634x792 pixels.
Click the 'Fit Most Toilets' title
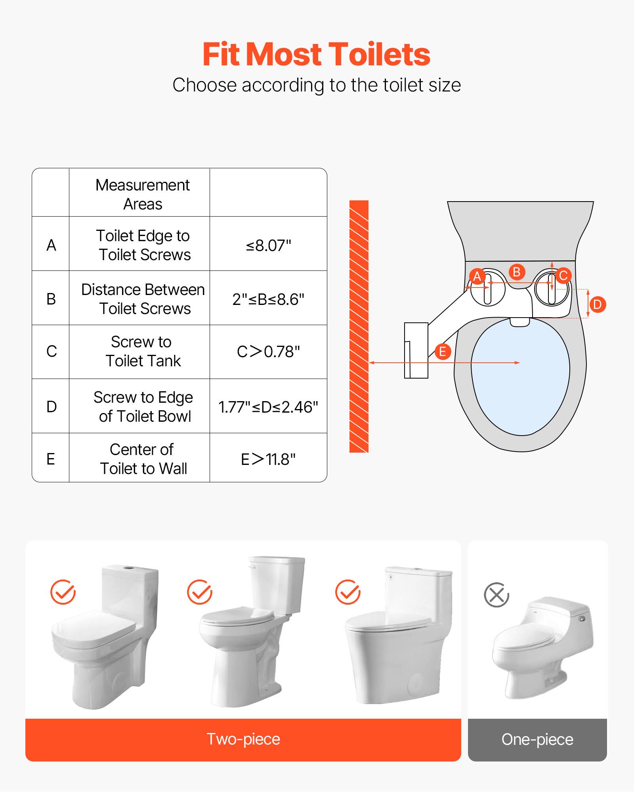pos(316,54)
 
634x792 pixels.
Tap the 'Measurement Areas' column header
pos(142,194)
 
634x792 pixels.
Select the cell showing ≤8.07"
pos(268,246)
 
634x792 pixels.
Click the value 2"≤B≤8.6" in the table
pos(268,299)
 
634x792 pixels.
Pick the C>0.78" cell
pos(268,352)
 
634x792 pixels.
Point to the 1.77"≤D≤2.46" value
pos(268,407)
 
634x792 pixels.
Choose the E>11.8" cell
pos(268,459)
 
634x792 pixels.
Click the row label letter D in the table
pos(52,407)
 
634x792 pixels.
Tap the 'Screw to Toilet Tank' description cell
pos(142,351)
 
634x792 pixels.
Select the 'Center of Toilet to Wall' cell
pos(143,459)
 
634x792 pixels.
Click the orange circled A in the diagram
pos(477,276)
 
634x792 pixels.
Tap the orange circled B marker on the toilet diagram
pos(517,272)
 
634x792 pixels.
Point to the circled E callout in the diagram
pos(443,351)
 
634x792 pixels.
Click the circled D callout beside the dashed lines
pos(598,305)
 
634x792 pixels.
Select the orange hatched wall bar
pos(359,326)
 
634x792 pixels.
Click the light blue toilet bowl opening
pos(520,376)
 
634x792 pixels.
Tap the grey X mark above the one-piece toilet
pos(497,594)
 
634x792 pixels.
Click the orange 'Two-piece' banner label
pos(243,739)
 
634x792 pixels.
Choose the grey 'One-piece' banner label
pos(537,739)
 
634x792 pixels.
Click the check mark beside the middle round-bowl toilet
pos(199,592)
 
